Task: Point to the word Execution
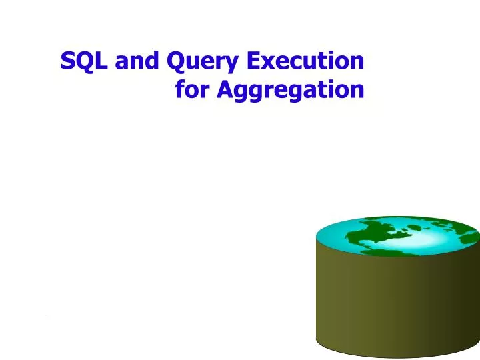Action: [306, 61]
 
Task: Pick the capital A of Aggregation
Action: [225, 88]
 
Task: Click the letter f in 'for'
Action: [181, 88]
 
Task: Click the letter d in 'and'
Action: [153, 61]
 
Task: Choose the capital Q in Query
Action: [177, 61]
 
